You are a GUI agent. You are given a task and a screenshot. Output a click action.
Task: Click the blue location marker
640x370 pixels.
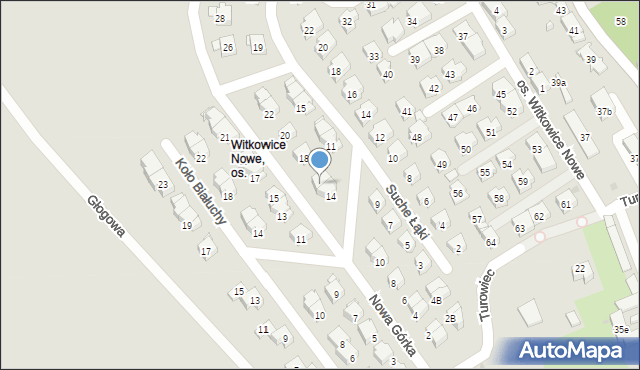tap(319, 159)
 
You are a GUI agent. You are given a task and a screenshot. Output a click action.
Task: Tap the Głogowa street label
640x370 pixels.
tap(106, 215)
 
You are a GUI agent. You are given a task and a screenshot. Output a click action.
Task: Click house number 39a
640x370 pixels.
tap(559, 82)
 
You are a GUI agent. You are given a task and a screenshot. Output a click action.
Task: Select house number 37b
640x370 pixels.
tap(604, 111)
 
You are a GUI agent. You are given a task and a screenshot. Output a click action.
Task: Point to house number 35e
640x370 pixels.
tap(622, 329)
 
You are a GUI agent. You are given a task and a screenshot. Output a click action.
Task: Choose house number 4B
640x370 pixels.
tap(435, 299)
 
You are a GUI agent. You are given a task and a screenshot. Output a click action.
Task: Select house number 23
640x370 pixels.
tap(162, 184)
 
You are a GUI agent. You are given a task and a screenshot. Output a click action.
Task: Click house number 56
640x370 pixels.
tap(458, 193)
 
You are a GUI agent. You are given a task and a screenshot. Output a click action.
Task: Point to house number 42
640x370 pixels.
tap(433, 89)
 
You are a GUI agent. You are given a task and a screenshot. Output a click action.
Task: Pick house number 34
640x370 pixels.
tap(412, 21)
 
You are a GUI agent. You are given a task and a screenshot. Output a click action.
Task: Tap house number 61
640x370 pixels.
tap(566, 205)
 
